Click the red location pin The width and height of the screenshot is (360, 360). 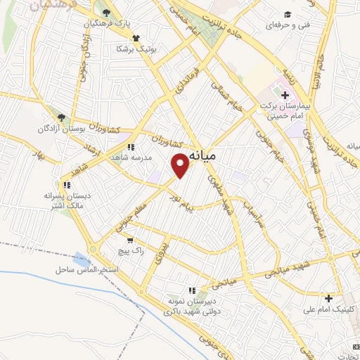[181, 164]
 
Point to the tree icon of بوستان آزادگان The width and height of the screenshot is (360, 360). [62, 118]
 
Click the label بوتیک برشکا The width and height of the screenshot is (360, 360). [136, 50]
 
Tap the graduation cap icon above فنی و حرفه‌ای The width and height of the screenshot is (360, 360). [286, 14]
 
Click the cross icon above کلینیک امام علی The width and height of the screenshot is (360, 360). [328, 298]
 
